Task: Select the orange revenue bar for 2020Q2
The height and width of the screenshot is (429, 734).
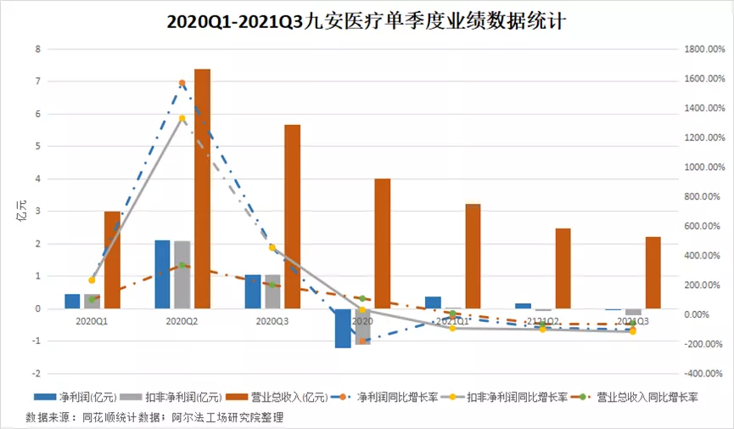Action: [202, 189]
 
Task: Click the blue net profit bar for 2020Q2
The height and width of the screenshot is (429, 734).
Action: [162, 274]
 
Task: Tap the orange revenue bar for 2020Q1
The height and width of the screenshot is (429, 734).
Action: [112, 260]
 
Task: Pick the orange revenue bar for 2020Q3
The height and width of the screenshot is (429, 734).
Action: [292, 217]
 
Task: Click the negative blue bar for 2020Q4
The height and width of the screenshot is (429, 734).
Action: [342, 328]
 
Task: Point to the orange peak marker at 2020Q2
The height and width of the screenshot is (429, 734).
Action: [182, 83]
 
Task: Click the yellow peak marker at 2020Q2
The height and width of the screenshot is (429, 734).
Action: [182, 119]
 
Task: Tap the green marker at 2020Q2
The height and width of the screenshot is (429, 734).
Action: [182, 266]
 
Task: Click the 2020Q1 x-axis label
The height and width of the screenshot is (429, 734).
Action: [92, 322]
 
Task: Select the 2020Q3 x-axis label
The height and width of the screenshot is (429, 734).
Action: [272, 322]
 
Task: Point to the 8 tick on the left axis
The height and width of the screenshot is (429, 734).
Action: [37, 49]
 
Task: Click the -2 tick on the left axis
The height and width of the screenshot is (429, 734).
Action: [36, 374]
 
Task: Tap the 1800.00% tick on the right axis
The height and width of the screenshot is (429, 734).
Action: [703, 49]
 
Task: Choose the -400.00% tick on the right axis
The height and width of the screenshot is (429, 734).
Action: [703, 374]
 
